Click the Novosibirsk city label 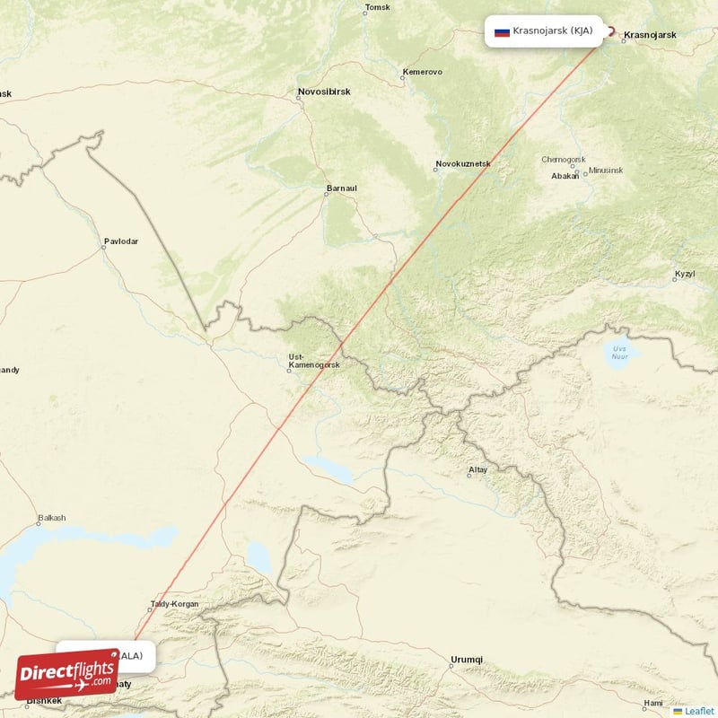(x=324, y=92)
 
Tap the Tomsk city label (x=378, y=9)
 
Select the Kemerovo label (x=423, y=71)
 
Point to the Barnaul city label (x=341, y=188)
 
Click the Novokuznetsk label (x=463, y=165)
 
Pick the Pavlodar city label (x=121, y=241)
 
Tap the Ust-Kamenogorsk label (x=313, y=362)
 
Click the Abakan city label (x=565, y=176)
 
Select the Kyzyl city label (x=685, y=273)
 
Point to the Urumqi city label (x=467, y=660)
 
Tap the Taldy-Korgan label (x=174, y=604)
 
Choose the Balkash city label (x=51, y=519)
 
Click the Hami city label (x=652, y=702)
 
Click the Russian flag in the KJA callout (x=502, y=31)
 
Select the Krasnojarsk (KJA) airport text (x=553, y=31)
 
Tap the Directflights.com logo (x=67, y=674)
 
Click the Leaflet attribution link (x=693, y=711)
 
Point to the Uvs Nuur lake (x=619, y=351)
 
